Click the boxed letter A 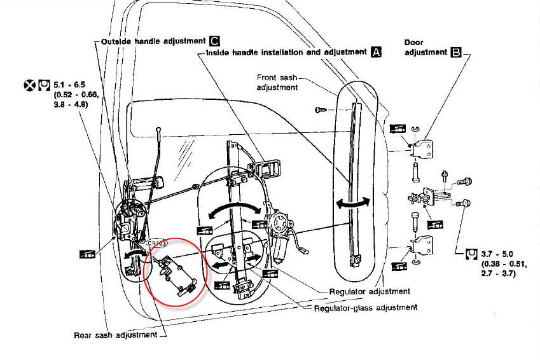click(x=376, y=52)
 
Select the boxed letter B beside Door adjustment click(x=455, y=52)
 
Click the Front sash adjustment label click(x=278, y=82)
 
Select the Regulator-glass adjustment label click(x=366, y=307)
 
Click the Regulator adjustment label click(x=370, y=292)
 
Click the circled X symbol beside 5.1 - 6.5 click(x=29, y=83)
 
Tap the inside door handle click(x=264, y=168)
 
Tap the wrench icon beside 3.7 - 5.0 click(x=471, y=256)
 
